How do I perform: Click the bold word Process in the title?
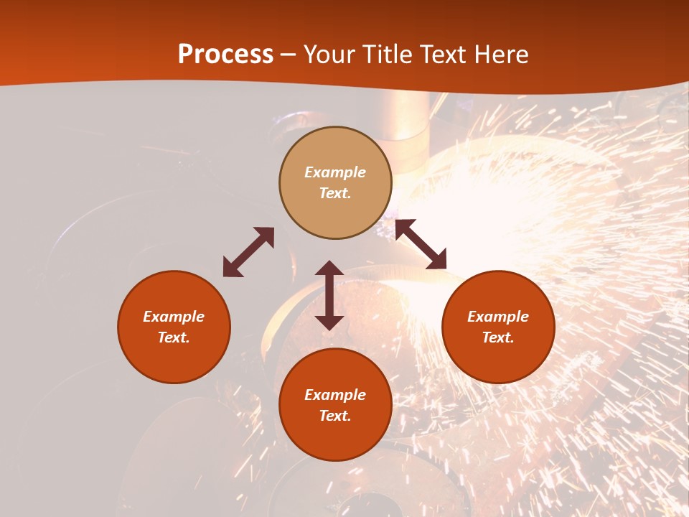(x=225, y=55)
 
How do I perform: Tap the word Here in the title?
(x=497, y=55)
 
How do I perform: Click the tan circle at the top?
(x=335, y=182)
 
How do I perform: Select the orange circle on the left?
(x=174, y=327)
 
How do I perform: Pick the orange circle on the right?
(x=498, y=327)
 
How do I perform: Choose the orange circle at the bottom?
(x=335, y=405)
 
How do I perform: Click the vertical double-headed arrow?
(x=329, y=295)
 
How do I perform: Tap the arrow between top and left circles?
(x=248, y=252)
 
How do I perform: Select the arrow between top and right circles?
(x=421, y=244)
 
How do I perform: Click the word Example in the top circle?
(x=335, y=172)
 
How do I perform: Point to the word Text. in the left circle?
(x=174, y=337)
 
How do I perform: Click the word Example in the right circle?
(x=498, y=317)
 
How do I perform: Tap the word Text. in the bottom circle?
(x=335, y=416)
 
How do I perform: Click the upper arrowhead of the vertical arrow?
(x=329, y=269)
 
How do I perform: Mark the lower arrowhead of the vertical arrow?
(x=329, y=322)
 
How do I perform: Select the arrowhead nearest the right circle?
(x=437, y=260)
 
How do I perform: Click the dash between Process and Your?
(x=289, y=55)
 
